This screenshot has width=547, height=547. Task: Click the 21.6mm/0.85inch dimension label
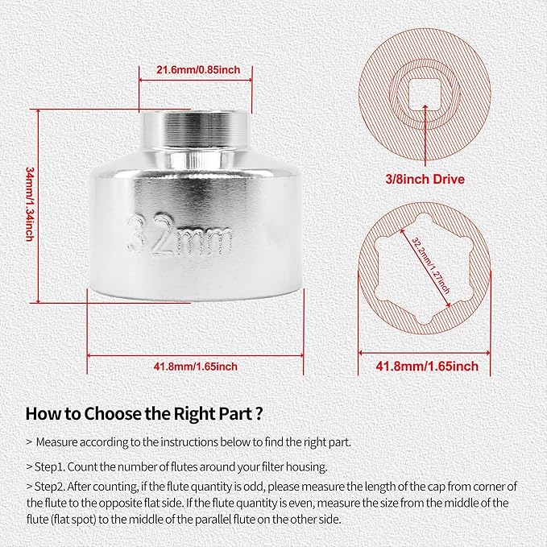pyautogui.click(x=198, y=70)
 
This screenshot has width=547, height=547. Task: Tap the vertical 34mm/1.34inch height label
pyautogui.click(x=30, y=204)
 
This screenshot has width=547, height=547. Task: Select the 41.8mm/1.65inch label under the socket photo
pyautogui.click(x=195, y=367)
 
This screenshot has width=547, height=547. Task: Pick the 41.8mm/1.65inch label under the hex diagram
pyautogui.click(x=427, y=366)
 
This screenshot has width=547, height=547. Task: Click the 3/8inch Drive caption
pyautogui.click(x=425, y=180)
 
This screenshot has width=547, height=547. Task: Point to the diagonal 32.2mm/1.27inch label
pyautogui.click(x=430, y=266)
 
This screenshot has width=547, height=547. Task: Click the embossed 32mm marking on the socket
pyautogui.click(x=179, y=236)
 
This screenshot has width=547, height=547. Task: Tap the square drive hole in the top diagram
pyautogui.click(x=425, y=94)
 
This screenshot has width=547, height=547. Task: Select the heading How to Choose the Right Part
pyautogui.click(x=143, y=414)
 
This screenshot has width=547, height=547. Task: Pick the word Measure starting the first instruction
pyautogui.click(x=57, y=442)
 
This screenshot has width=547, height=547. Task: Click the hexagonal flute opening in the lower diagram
pyautogui.click(x=425, y=268)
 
